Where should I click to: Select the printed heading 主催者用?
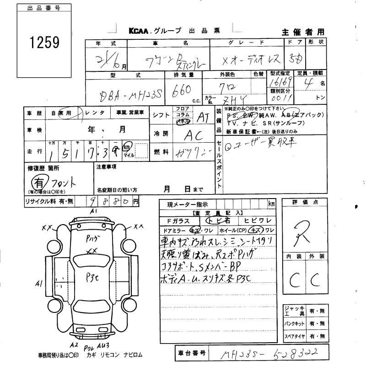(303, 32)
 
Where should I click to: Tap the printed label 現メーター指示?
(187, 204)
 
